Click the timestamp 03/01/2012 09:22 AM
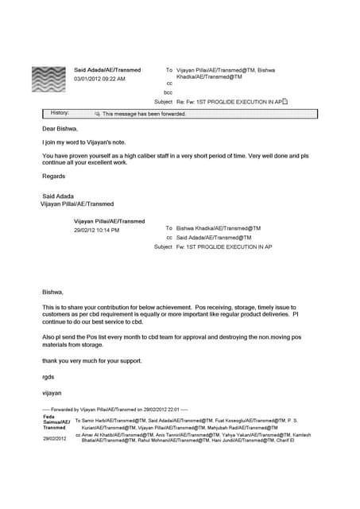tap(99, 80)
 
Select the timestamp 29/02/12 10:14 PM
tap(96, 230)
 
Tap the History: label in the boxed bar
tap(60, 114)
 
